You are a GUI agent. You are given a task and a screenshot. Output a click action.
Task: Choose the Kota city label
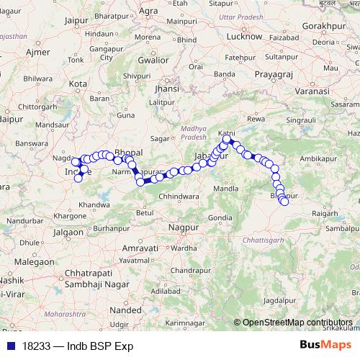tap(77, 84)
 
